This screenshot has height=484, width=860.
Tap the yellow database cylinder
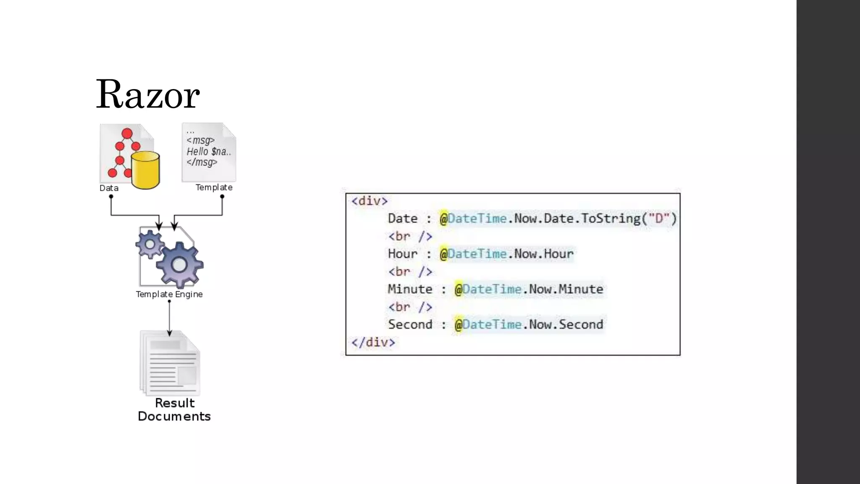(x=145, y=170)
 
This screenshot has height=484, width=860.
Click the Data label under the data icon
(x=109, y=188)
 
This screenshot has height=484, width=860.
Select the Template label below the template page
(x=214, y=187)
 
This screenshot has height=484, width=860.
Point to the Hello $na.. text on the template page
(x=209, y=151)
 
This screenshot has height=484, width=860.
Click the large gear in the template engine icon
(x=180, y=265)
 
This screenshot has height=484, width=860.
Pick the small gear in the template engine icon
(x=149, y=244)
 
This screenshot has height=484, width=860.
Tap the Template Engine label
(x=169, y=294)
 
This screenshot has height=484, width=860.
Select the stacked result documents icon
(x=170, y=363)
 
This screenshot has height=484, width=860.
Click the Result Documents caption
(x=174, y=410)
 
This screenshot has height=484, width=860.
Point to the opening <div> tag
(x=370, y=201)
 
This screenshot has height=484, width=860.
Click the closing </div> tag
(x=373, y=342)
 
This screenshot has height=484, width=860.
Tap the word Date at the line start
(x=403, y=218)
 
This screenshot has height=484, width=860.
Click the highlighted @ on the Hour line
(x=443, y=254)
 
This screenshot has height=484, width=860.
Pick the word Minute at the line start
(x=410, y=289)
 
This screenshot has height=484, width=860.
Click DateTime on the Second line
(x=492, y=324)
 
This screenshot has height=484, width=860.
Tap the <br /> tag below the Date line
(x=410, y=236)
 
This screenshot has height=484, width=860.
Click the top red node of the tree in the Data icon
(x=127, y=134)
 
